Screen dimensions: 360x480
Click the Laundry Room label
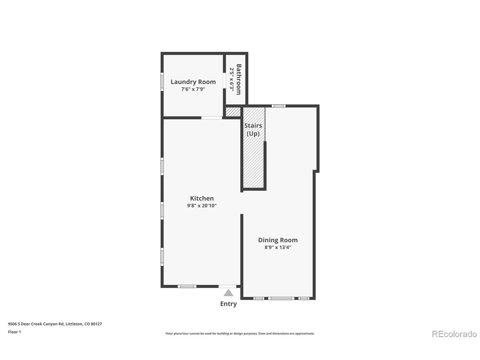tap(193, 82)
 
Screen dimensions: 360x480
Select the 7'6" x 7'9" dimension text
tap(193, 89)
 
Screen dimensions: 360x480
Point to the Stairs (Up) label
tap(253, 129)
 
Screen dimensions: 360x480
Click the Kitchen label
tap(202, 198)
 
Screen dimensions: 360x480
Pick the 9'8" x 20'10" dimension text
tap(202, 205)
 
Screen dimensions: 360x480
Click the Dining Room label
tap(278, 240)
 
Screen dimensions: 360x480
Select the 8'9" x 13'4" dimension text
tap(278, 247)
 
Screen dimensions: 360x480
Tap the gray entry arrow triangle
tap(228, 293)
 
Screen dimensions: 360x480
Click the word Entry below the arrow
tap(228, 304)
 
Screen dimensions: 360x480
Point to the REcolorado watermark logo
tap(454, 334)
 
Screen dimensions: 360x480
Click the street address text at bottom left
tap(55, 324)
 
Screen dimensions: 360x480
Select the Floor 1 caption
tap(15, 332)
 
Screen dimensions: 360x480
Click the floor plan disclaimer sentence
tap(240, 333)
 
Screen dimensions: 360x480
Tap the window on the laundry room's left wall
tap(162, 81)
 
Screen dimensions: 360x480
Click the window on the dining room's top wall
tap(279, 106)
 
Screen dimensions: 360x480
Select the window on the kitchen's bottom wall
tap(187, 287)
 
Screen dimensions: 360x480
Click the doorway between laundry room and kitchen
tap(212, 118)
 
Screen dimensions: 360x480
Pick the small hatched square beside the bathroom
tap(232, 112)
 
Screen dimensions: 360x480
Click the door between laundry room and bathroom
tap(224, 81)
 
